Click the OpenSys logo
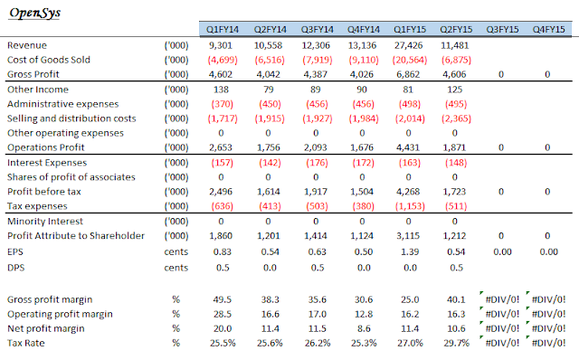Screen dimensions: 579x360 pyautogui.click(x=34, y=14)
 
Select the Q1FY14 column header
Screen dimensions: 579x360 pyautogui.click(x=223, y=30)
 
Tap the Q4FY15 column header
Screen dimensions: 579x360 pyautogui.click(x=548, y=30)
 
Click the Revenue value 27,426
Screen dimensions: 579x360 pyautogui.click(x=408, y=45)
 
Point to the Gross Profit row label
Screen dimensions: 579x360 pyautogui.click(x=33, y=74)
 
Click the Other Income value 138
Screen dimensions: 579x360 pyautogui.click(x=221, y=90)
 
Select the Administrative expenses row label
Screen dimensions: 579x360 pyautogui.click(x=62, y=104)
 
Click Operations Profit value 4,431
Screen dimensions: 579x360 pyautogui.click(x=408, y=147)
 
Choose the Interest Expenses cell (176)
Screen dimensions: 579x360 pyautogui.click(x=317, y=163)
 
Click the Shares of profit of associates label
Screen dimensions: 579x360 pyautogui.click(x=71, y=177)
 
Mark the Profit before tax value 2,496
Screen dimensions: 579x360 pyautogui.click(x=221, y=192)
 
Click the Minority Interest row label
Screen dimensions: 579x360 pyautogui.click(x=45, y=222)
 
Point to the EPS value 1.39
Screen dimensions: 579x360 pyautogui.click(x=410, y=251)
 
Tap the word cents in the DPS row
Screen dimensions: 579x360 pyautogui.click(x=176, y=268)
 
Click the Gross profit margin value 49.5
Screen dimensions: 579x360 pyautogui.click(x=223, y=299)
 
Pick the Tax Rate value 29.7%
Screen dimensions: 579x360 pyautogui.click(x=456, y=343)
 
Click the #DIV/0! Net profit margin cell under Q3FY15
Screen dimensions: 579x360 pyautogui.click(x=502, y=328)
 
